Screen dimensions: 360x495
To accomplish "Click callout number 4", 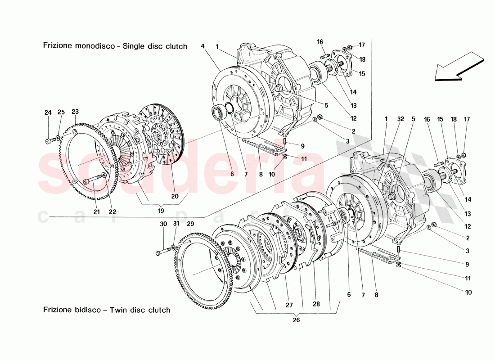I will (x=203, y=46).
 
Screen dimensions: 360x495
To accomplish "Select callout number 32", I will (x=400, y=119).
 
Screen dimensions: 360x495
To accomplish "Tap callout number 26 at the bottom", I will (x=296, y=320).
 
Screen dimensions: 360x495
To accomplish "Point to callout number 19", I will (x=161, y=210).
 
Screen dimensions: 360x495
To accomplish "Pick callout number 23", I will (x=75, y=112).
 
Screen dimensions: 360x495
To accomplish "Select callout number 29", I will (x=190, y=224).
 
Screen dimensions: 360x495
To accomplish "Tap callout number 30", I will (x=163, y=224).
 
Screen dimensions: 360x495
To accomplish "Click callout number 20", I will (x=175, y=196).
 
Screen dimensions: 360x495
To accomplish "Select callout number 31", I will (x=176, y=224).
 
